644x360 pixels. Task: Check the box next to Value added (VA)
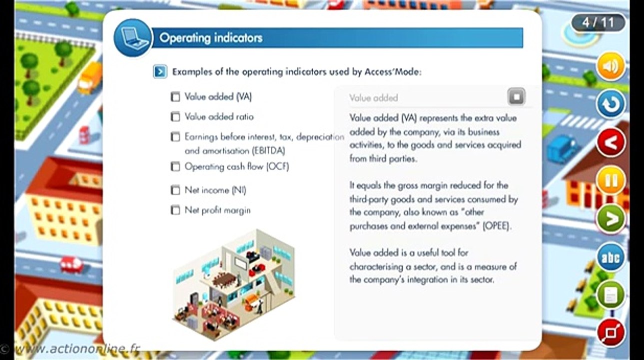pyautogui.click(x=175, y=97)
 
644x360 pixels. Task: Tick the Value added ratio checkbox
pyautogui.click(x=175, y=117)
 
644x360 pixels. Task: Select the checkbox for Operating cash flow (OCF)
pyautogui.click(x=175, y=166)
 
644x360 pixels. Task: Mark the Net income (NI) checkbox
pyautogui.click(x=175, y=190)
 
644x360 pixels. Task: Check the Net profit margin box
pyautogui.click(x=175, y=210)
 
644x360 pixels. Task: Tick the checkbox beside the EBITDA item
pyautogui.click(x=175, y=136)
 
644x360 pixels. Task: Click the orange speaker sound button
pyautogui.click(x=611, y=66)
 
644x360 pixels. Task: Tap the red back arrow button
pyautogui.click(x=611, y=142)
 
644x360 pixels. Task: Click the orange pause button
pyautogui.click(x=611, y=180)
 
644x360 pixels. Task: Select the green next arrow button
pyautogui.click(x=611, y=218)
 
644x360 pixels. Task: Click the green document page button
pyautogui.click(x=611, y=295)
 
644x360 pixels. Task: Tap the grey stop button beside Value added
pyautogui.click(x=517, y=96)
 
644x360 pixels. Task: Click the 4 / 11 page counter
pyautogui.click(x=599, y=23)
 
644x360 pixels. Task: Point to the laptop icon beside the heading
pyautogui.click(x=132, y=38)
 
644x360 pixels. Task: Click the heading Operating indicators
pyautogui.click(x=211, y=38)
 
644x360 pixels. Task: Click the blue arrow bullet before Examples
pyautogui.click(x=160, y=72)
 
